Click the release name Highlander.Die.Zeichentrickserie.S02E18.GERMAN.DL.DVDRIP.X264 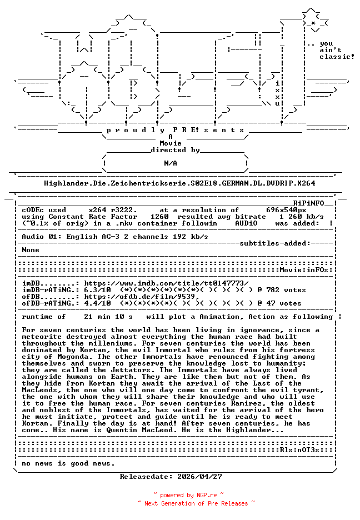click(x=179, y=183)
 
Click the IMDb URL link click(x=166, y=283)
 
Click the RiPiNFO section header click(x=313, y=203)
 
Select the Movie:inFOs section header click(x=306, y=270)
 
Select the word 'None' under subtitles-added click(x=31, y=250)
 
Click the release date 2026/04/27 click(x=199, y=477)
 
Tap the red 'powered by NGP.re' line click(x=188, y=495)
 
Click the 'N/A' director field click(x=171, y=163)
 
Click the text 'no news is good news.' click(x=68, y=463)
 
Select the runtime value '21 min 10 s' click(x=108, y=317)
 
